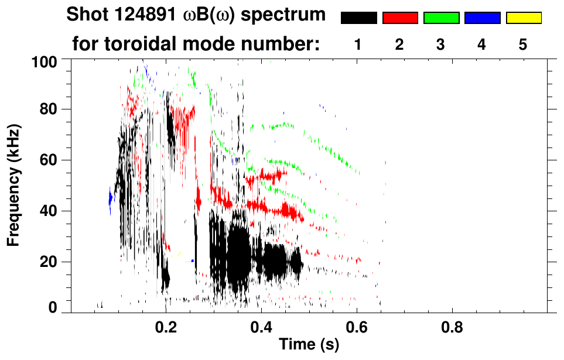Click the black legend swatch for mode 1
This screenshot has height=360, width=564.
359,18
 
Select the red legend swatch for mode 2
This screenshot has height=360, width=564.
400,18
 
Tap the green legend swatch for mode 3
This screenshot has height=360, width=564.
441,18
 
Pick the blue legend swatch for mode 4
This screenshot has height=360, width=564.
482,18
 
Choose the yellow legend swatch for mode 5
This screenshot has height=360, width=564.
524,18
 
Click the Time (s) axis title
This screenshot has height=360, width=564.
309,345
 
